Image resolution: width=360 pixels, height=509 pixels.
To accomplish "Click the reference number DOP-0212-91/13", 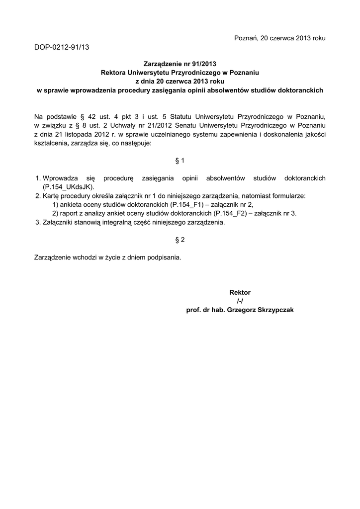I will [x=62, y=47].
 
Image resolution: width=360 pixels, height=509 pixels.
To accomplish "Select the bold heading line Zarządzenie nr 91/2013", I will [x=180, y=64].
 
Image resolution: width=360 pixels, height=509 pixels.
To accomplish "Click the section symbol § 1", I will [x=180, y=161].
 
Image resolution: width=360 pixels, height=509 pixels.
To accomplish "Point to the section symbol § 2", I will [x=180, y=240].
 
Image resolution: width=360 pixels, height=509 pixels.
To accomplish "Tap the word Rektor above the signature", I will [x=240, y=292].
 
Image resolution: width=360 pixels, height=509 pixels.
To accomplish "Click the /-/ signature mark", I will [x=240, y=301].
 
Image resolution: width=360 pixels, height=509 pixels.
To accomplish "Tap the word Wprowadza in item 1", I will [x=58, y=178].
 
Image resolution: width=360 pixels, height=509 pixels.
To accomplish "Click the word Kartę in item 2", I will [x=52, y=196].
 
